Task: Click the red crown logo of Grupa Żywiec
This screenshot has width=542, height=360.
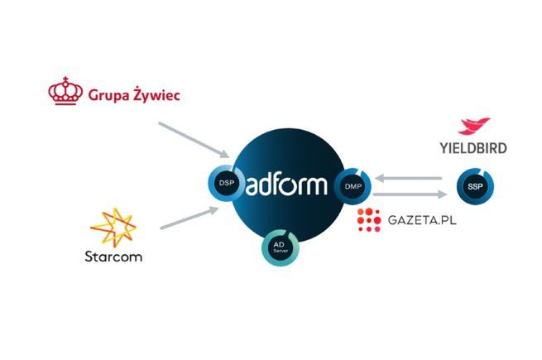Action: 65,91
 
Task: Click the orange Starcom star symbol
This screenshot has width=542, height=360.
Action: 113,228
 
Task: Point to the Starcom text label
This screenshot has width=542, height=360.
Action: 113,256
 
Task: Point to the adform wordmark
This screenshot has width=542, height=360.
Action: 290,185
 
